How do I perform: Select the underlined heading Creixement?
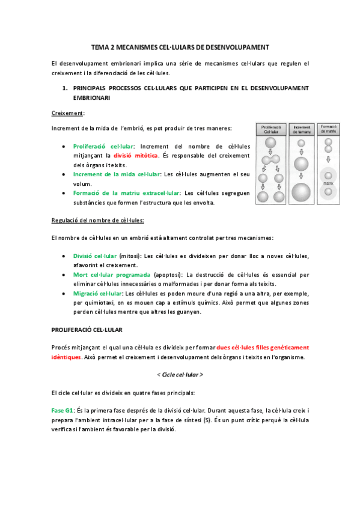67,112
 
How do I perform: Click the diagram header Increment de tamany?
301,130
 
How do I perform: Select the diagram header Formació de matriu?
328,130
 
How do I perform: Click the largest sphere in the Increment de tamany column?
301,192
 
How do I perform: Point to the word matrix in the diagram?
328,182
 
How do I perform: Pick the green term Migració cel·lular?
97,293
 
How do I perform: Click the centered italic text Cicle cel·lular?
180,375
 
